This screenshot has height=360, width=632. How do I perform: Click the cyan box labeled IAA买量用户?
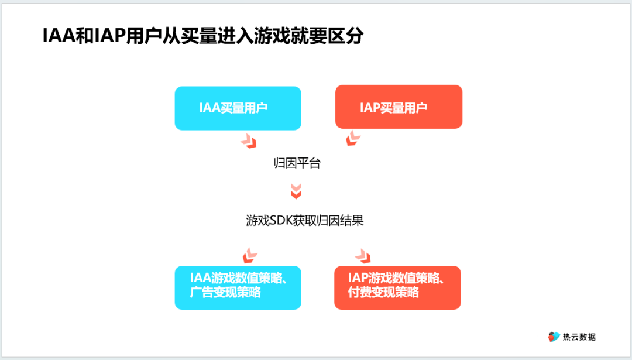[x=238, y=108]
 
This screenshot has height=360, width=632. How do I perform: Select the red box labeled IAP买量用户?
[x=399, y=107]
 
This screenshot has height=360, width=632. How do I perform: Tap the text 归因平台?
[x=297, y=163]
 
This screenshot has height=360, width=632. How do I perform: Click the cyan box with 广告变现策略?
[x=238, y=287]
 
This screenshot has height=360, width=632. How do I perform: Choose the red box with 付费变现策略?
[x=397, y=287]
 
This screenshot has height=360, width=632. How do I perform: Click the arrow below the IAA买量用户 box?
[x=249, y=140]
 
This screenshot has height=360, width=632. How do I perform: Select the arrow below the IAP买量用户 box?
[x=353, y=139]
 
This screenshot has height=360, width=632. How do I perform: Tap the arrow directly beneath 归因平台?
[x=297, y=190]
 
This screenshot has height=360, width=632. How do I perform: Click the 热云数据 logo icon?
[x=554, y=337]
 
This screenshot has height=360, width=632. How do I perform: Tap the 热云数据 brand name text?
[x=579, y=337]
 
